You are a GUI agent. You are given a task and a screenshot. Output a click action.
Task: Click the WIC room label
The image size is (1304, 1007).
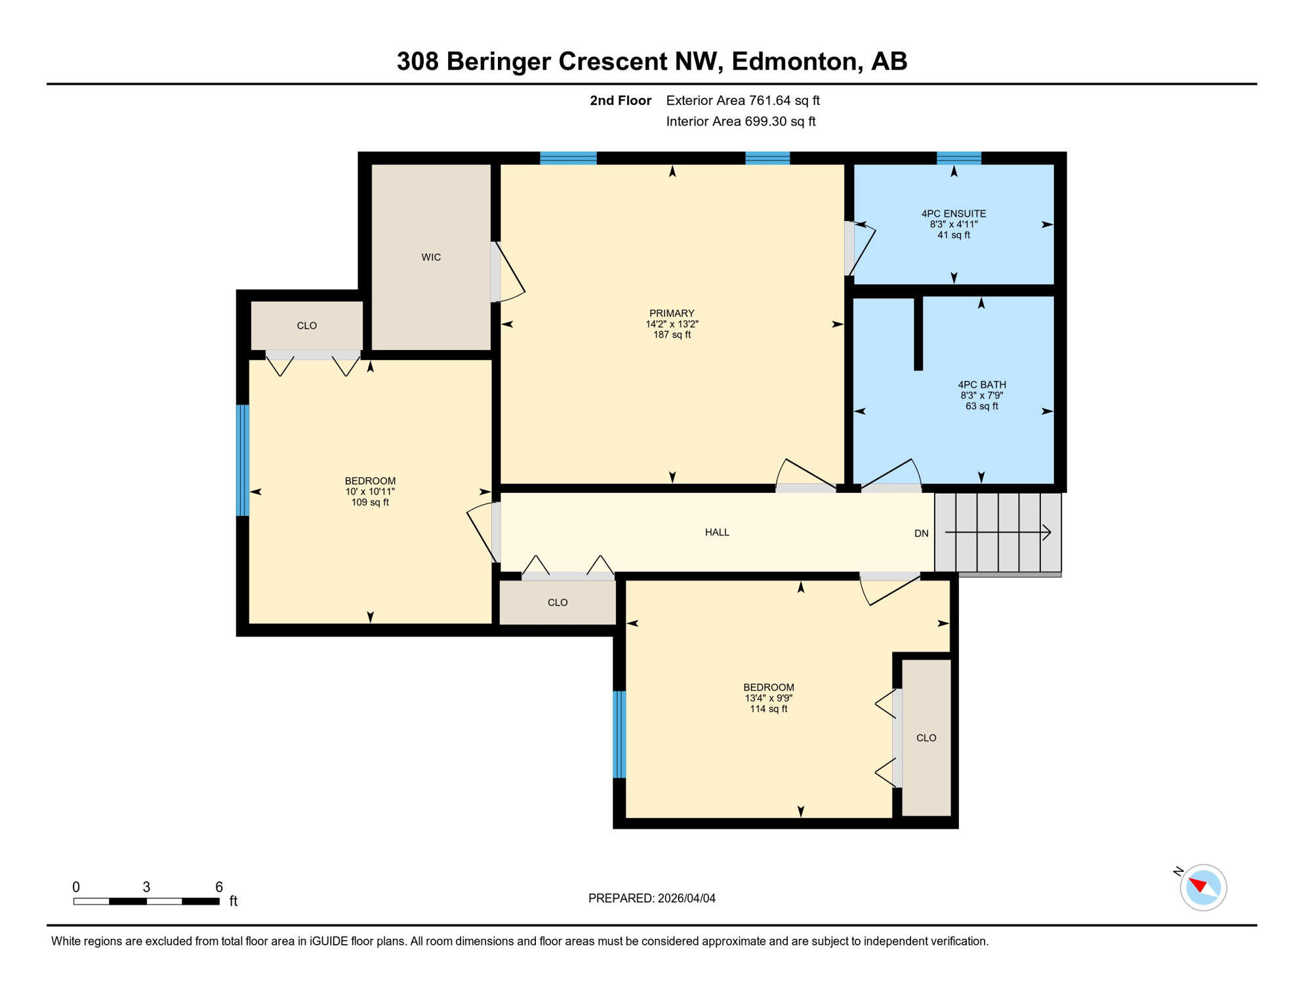point(431,257)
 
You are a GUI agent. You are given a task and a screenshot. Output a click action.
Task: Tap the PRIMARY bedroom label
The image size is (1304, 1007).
point(672,313)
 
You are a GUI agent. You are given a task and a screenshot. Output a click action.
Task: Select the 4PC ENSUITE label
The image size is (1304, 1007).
point(954,214)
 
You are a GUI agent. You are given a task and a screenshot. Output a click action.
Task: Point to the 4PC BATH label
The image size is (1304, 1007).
point(981,385)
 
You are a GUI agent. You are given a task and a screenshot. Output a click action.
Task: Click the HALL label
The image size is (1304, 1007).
point(717,532)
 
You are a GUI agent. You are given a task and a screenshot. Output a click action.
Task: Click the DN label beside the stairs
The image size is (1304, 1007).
point(921,534)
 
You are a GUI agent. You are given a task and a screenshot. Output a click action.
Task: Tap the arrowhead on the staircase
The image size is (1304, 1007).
point(1047,532)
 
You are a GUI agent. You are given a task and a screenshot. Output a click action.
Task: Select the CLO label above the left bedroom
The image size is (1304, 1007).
point(306,326)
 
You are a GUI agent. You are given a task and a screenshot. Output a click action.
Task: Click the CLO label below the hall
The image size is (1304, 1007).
point(558,602)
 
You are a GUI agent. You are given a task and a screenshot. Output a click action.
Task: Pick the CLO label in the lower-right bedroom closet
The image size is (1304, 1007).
point(926,738)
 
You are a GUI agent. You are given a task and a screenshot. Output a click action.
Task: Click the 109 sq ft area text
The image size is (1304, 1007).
point(370,503)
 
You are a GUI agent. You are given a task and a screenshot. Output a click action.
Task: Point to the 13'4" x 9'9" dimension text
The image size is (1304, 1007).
point(768,698)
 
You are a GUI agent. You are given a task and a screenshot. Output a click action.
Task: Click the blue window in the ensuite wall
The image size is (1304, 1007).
point(958,158)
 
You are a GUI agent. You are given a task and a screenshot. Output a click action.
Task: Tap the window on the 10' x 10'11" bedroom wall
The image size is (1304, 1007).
point(243,460)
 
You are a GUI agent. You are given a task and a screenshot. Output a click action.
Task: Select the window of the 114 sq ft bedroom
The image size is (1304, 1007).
point(619,734)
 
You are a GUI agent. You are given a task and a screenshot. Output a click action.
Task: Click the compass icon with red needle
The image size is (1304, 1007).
point(1202,888)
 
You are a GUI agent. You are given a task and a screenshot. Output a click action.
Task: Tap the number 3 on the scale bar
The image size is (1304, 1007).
point(146,887)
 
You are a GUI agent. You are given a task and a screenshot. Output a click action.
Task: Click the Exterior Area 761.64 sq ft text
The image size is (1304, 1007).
point(743,100)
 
